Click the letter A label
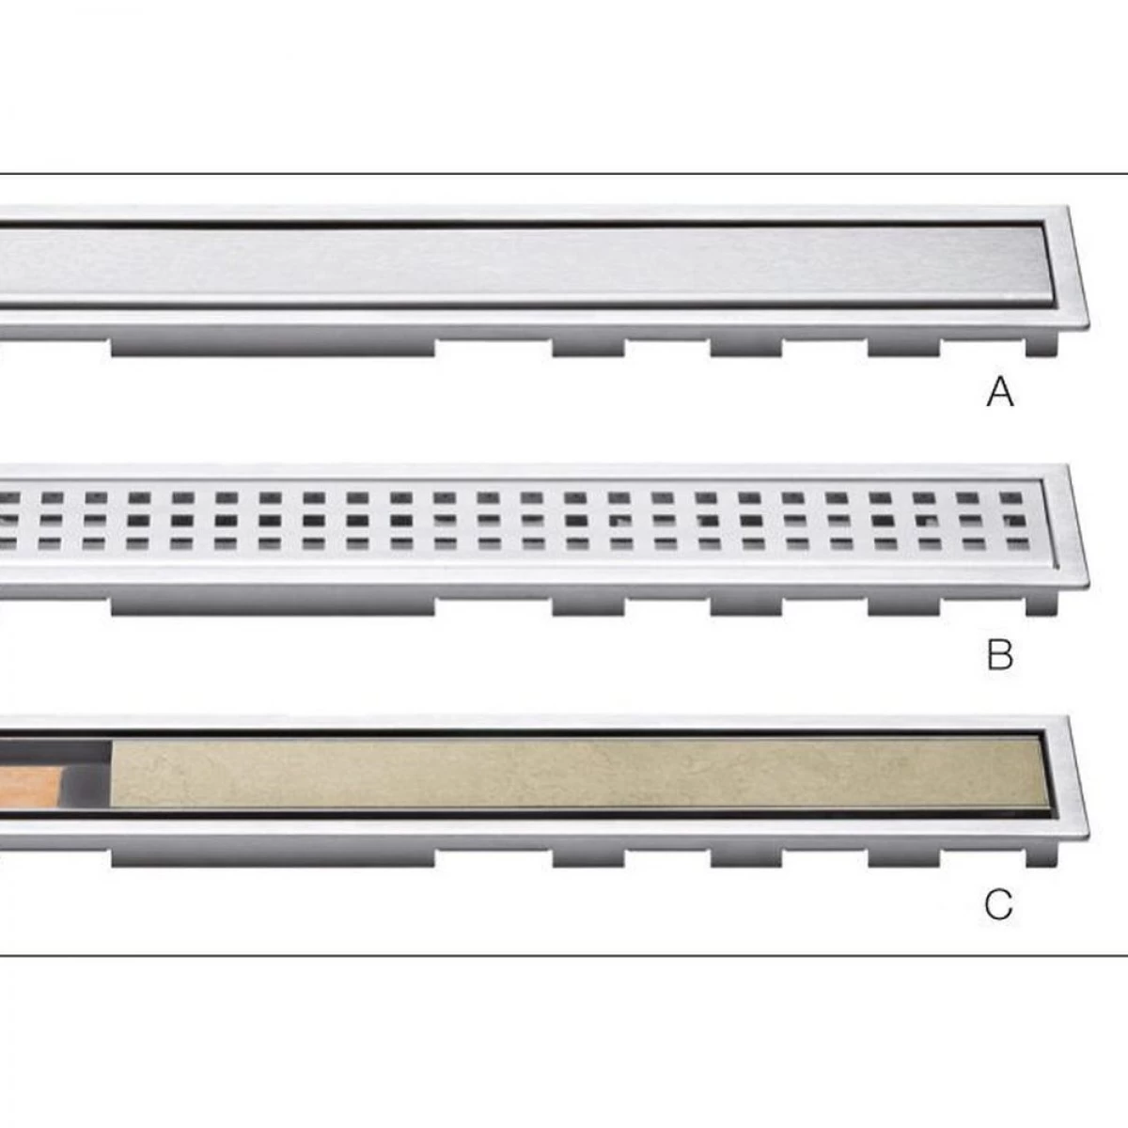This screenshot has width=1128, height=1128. (x=1000, y=392)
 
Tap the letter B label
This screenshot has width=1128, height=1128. (x=1000, y=655)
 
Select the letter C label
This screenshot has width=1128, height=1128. (x=998, y=904)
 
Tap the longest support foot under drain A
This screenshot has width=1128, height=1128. (x=273, y=346)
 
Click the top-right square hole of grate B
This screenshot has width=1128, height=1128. (x=1010, y=498)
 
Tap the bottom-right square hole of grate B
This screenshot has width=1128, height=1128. (x=1018, y=545)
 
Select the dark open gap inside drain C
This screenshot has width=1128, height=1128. (x=87, y=773)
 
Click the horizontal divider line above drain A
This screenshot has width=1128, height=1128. (x=564, y=173)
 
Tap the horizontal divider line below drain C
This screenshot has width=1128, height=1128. (x=564, y=956)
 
